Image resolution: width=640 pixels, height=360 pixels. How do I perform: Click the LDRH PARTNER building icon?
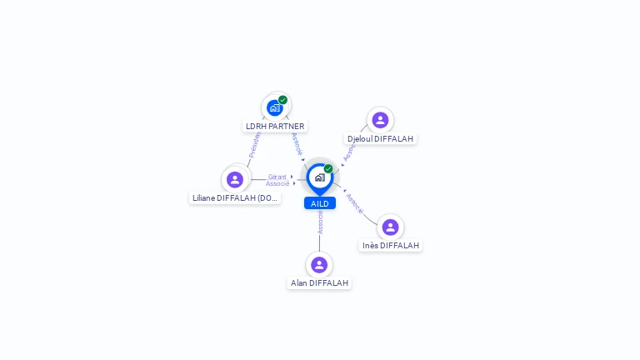[x=274, y=107]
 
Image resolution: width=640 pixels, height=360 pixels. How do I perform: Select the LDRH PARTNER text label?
[x=275, y=127]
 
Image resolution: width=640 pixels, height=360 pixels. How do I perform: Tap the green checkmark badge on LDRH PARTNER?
[x=283, y=100]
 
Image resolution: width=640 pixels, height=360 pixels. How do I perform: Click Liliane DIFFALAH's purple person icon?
[x=235, y=179]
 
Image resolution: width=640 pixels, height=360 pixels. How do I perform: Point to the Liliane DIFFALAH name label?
[x=235, y=198]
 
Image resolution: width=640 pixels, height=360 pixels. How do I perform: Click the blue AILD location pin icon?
[x=319, y=177]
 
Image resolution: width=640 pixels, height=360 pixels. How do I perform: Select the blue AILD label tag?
[x=319, y=203]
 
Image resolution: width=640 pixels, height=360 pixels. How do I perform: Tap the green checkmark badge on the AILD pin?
[x=328, y=169]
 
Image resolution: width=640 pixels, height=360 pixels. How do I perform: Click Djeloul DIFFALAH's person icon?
[x=380, y=120]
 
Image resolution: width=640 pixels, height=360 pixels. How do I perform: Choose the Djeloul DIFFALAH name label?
[x=380, y=139]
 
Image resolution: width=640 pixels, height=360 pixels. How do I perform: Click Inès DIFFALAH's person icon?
[x=390, y=227]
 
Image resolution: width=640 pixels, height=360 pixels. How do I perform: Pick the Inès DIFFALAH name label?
[x=391, y=246]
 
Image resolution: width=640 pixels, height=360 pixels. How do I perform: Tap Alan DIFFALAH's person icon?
[x=319, y=265]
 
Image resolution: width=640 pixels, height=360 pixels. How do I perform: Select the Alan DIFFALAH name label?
[x=319, y=283]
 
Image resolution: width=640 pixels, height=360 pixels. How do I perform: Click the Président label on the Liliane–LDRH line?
[x=254, y=144]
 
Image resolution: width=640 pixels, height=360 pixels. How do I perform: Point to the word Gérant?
[x=277, y=177]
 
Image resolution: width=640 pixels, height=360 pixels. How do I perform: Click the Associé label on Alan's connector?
[x=320, y=222]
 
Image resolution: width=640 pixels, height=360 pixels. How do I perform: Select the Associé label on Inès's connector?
[x=355, y=204]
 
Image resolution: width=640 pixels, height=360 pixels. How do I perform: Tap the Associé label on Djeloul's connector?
[x=349, y=151]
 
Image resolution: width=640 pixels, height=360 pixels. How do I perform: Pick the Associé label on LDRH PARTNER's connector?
[x=297, y=143]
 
